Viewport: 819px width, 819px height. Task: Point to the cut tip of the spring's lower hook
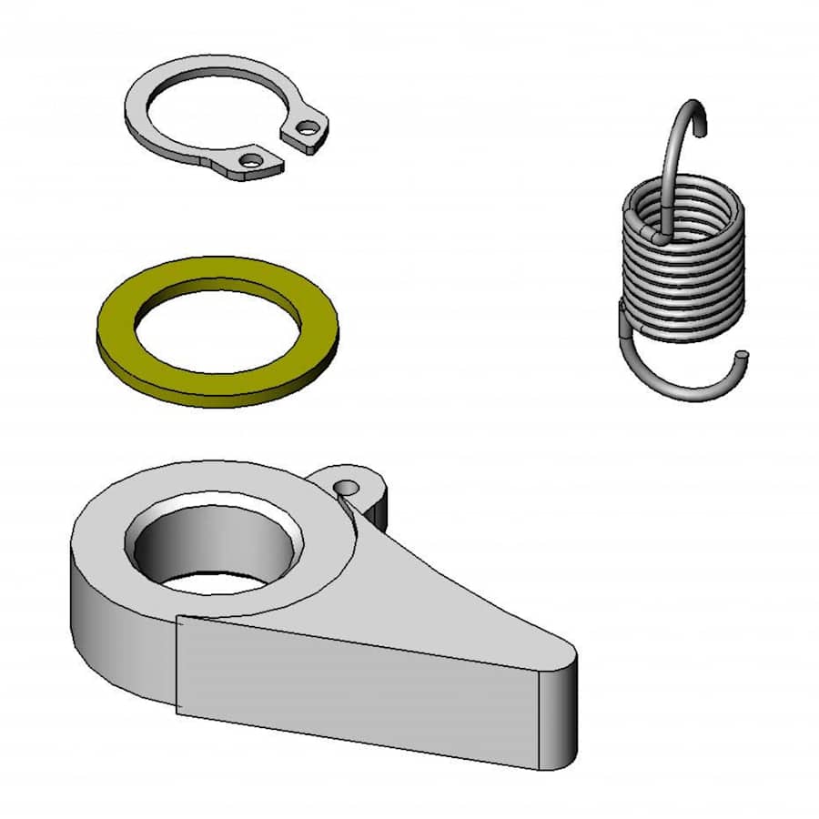click(743, 355)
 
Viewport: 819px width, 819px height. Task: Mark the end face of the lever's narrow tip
click(557, 719)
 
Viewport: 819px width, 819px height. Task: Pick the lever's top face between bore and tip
click(428, 601)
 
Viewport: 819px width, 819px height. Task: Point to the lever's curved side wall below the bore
click(118, 628)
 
